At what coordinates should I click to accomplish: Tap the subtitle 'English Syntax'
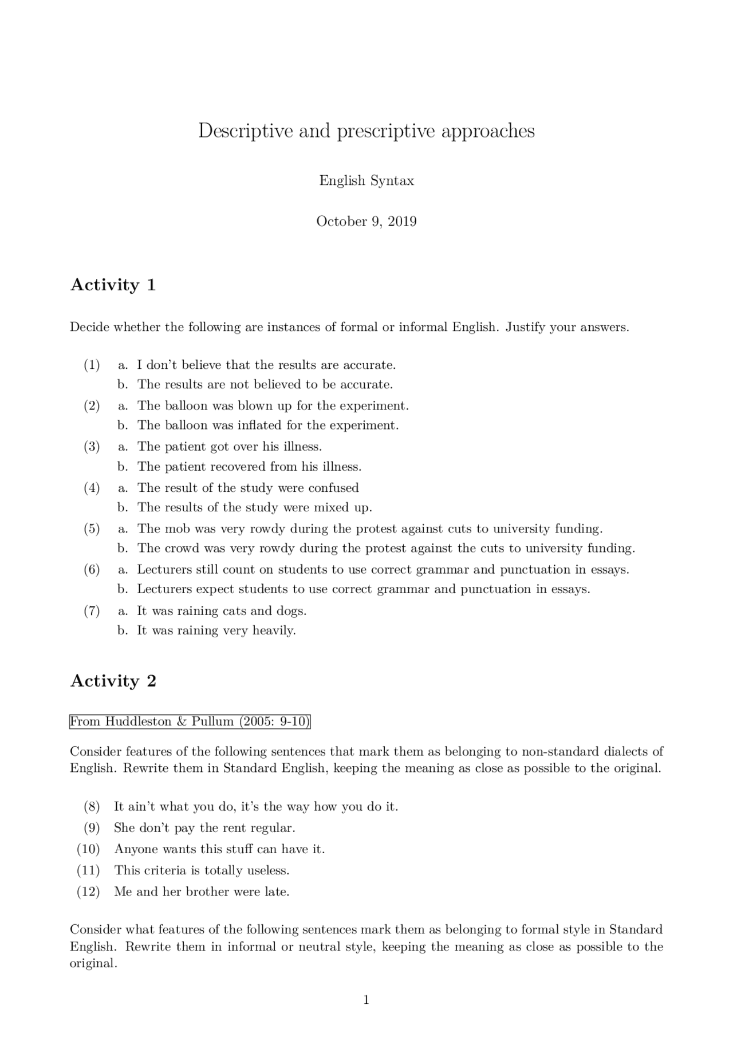tap(366, 181)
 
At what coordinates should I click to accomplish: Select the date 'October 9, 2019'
tap(366, 222)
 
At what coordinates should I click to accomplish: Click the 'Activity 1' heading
tap(113, 285)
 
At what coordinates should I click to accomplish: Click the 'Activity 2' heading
tap(113, 681)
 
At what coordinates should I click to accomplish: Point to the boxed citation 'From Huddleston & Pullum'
tap(190, 721)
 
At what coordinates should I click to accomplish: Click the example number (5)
tap(92, 529)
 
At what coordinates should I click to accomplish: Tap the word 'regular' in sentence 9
tap(274, 828)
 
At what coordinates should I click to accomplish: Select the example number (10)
tap(88, 849)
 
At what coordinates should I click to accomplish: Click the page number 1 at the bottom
tap(366, 1000)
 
